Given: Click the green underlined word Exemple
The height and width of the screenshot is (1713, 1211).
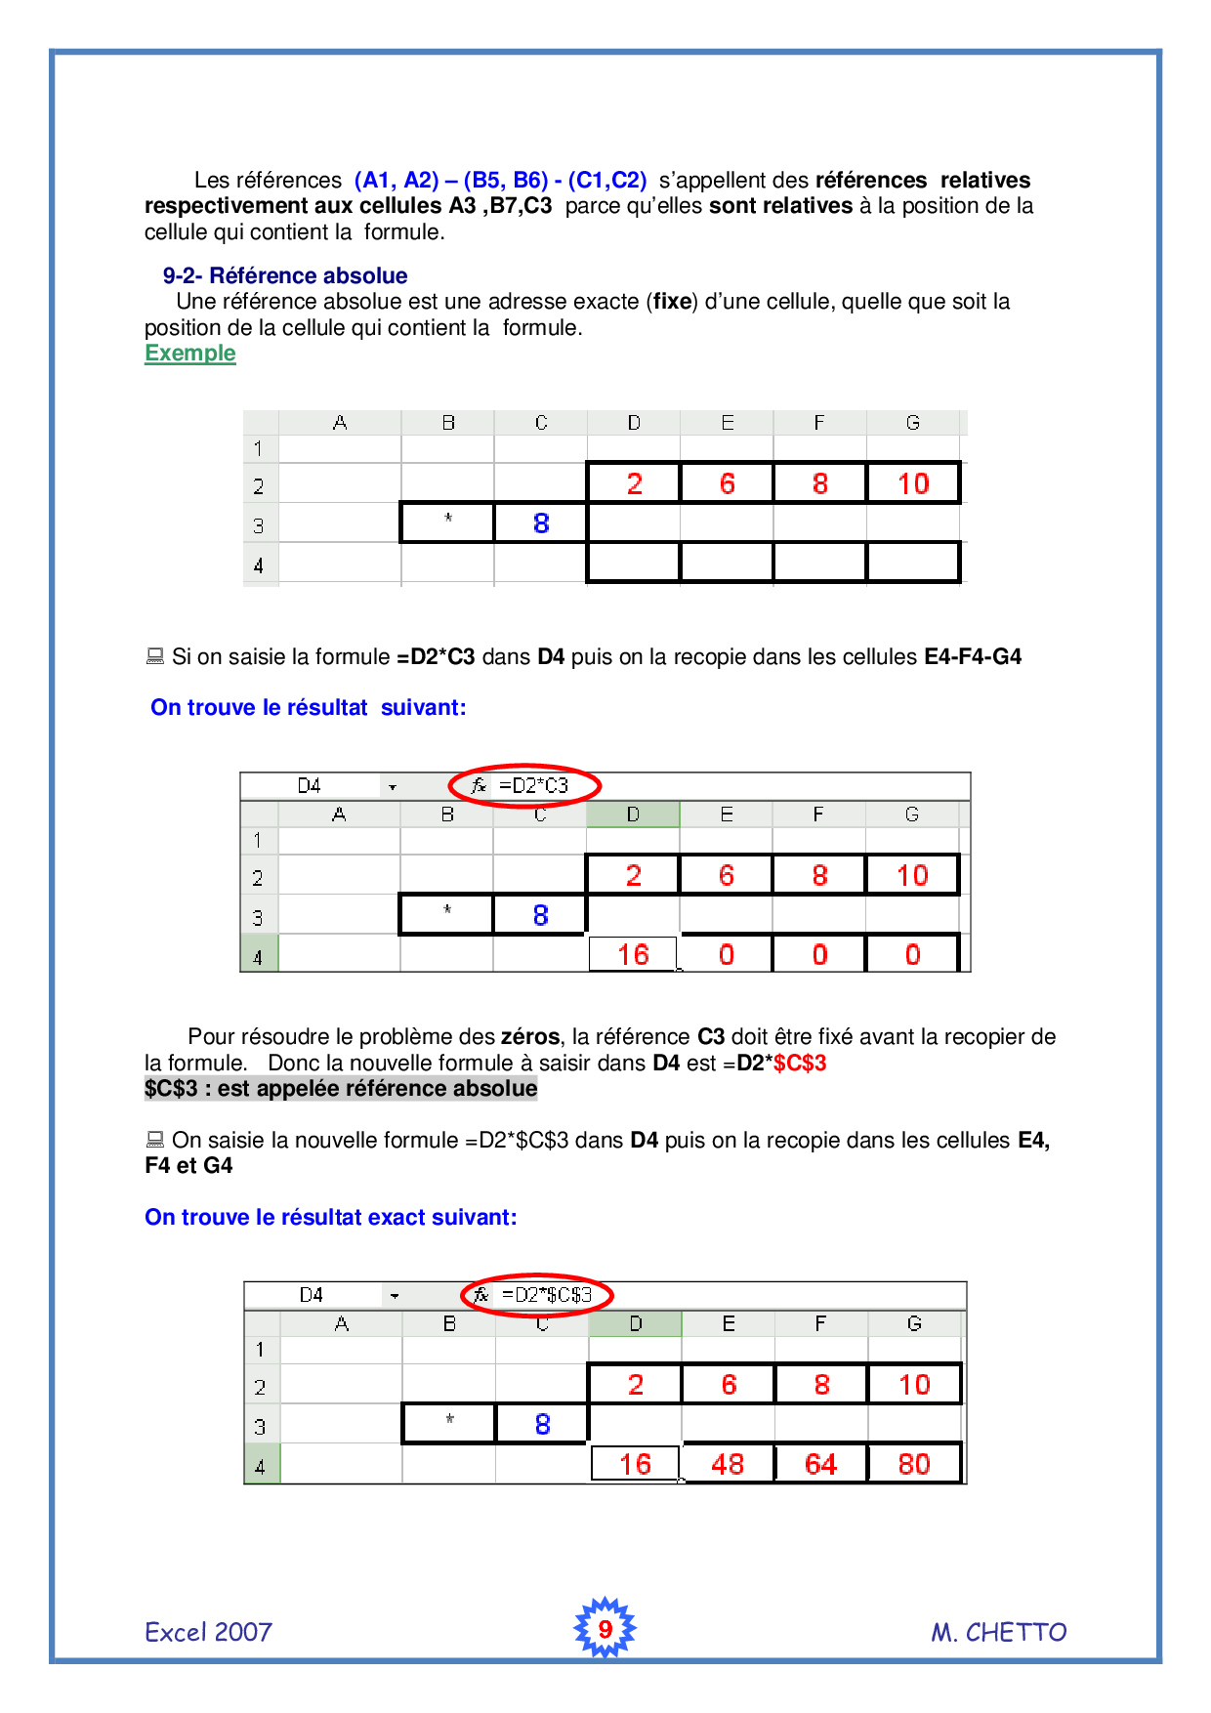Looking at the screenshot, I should click(x=190, y=354).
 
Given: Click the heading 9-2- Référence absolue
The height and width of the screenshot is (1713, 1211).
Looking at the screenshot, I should click(x=285, y=275).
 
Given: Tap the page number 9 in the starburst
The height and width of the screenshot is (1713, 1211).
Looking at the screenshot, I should click(x=605, y=1629).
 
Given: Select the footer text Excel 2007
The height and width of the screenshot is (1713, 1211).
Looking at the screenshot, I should click(x=208, y=1632).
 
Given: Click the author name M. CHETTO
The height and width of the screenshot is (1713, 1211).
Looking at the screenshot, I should click(x=998, y=1632).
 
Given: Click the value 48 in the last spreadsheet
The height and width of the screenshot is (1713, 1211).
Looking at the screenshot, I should click(x=728, y=1464).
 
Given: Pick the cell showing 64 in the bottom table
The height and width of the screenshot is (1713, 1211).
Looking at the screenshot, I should click(x=820, y=1464).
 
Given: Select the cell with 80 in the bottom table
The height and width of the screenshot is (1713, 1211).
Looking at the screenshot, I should click(x=914, y=1464).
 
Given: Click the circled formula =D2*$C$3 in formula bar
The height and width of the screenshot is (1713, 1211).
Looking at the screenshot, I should click(x=547, y=1295).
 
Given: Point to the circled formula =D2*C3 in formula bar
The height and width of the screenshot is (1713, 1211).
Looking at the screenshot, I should click(x=533, y=785).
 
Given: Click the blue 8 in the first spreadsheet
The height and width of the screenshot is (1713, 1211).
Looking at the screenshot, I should click(x=541, y=523).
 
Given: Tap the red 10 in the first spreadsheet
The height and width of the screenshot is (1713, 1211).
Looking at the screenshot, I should click(x=913, y=483).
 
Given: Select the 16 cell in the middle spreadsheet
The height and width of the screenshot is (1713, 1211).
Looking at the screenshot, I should click(x=633, y=954).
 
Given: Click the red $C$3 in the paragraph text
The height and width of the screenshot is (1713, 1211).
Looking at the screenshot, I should click(x=800, y=1063).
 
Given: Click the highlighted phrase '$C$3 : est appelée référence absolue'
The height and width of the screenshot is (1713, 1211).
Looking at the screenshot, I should click(x=341, y=1088).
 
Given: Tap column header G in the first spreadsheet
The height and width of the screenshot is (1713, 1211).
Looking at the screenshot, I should click(x=912, y=423).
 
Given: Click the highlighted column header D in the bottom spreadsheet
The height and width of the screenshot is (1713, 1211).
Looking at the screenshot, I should click(x=636, y=1323).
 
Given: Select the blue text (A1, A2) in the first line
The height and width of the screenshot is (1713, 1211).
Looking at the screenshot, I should click(x=397, y=180).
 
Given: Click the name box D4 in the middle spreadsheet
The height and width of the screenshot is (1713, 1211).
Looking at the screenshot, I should click(x=310, y=785).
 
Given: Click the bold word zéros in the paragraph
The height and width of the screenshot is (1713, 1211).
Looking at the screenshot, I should click(x=530, y=1036).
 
